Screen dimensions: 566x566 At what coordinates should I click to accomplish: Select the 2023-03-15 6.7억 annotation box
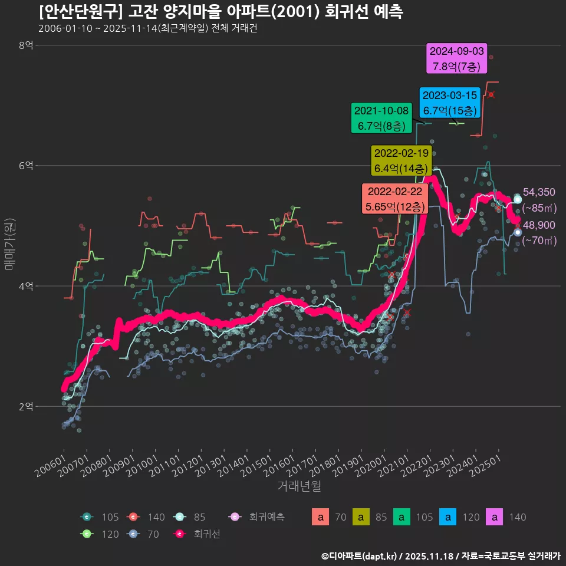(x=449, y=103)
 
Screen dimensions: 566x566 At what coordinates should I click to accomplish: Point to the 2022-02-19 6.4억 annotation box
(x=401, y=160)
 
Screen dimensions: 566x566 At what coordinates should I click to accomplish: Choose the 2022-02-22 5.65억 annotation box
(x=394, y=199)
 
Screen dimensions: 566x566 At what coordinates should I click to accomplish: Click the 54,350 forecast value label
(x=539, y=192)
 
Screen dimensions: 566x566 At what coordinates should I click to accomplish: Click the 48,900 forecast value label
(x=539, y=225)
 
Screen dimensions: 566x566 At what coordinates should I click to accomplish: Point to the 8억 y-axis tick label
(x=26, y=45)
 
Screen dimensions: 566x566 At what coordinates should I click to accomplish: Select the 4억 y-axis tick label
(x=26, y=286)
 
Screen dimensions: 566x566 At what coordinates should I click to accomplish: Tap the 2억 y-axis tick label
(x=26, y=407)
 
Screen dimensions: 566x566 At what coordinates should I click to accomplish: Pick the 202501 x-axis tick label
(x=487, y=466)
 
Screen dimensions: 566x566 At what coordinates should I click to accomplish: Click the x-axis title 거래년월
(x=299, y=486)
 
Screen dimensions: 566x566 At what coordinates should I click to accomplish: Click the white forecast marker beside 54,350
(x=518, y=199)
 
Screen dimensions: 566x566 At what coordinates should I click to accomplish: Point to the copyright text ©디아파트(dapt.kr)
(x=360, y=555)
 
